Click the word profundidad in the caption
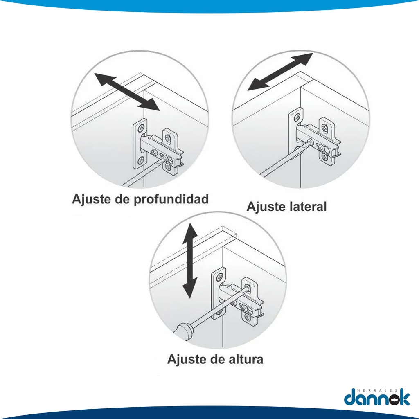(171, 200)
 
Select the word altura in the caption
(246, 359)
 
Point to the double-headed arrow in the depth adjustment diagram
(127, 92)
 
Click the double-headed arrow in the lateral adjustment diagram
(280, 72)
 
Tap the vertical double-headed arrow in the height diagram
(190, 261)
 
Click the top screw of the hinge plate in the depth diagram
(141, 130)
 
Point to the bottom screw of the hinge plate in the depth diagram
(141, 161)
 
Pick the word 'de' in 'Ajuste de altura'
(216, 359)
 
